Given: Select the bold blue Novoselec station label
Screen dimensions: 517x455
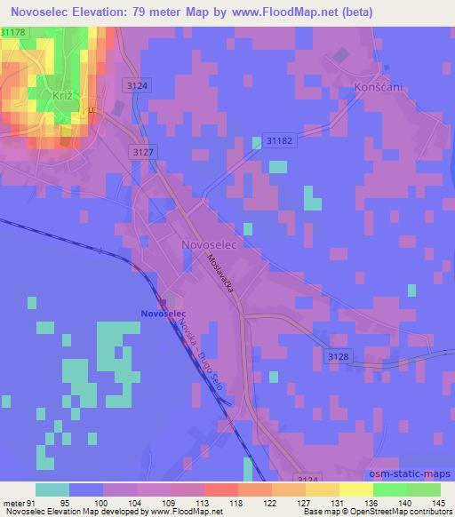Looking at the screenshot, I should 162,313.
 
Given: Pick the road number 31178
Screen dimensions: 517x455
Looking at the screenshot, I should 13,31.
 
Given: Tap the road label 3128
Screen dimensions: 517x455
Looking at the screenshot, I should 339,355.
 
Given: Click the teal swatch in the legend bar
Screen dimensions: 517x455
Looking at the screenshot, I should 52,489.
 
